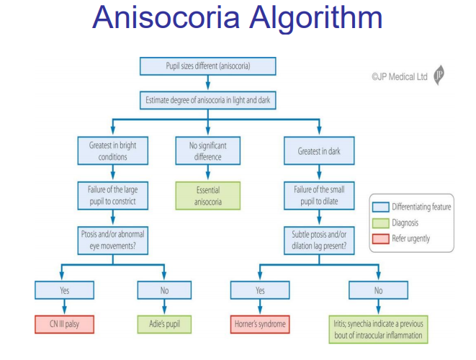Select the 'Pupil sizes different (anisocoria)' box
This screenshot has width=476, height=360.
coord(207,67)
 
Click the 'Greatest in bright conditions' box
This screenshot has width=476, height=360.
coord(112,150)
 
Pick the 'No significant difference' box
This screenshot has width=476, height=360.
coord(207,150)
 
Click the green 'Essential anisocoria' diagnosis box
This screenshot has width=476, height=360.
coord(207,196)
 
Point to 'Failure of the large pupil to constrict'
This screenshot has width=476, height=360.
coord(112,196)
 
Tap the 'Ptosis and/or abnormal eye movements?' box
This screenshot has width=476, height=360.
coord(112,240)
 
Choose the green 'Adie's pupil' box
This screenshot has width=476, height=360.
coord(165,324)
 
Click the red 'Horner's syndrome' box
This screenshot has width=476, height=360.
coord(260,324)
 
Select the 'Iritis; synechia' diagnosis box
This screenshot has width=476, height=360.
coord(379,329)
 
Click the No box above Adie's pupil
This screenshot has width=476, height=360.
coord(165,290)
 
